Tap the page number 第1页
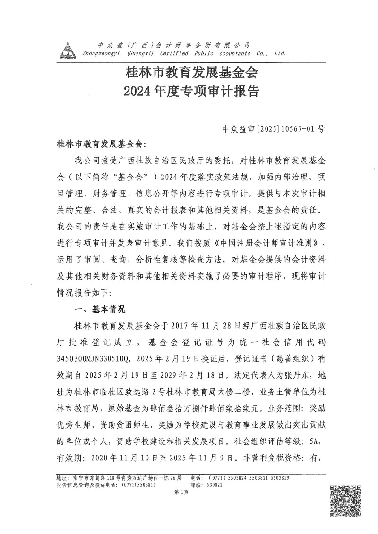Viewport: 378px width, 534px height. [181, 492]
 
